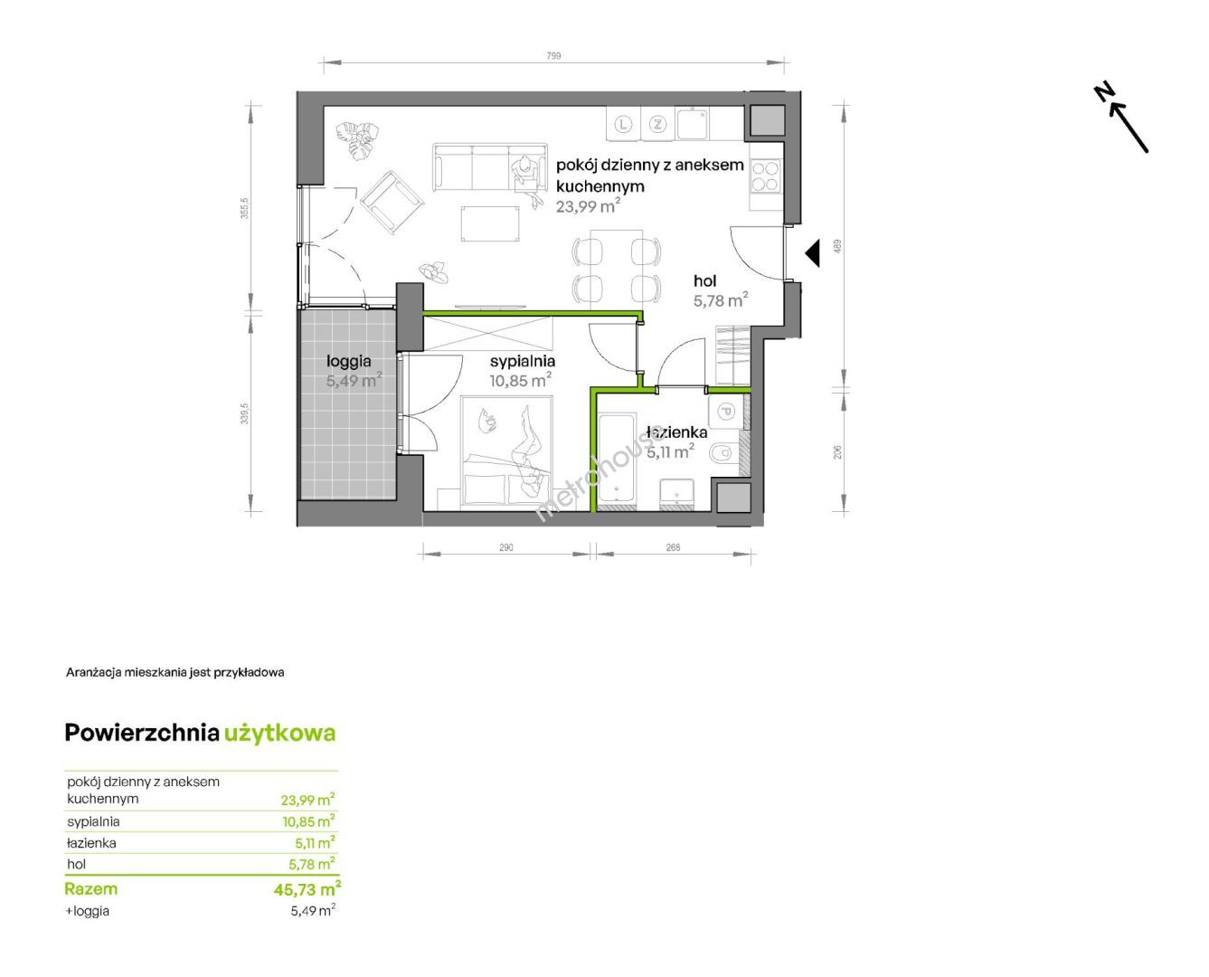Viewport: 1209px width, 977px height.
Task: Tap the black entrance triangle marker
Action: tap(813, 253)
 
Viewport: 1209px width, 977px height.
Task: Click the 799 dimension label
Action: tap(553, 55)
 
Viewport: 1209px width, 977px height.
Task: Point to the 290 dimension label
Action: tap(505, 547)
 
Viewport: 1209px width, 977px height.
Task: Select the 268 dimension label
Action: tap(673, 547)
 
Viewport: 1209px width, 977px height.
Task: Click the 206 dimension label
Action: tap(837, 452)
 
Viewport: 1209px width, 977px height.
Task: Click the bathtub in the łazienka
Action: tap(616, 460)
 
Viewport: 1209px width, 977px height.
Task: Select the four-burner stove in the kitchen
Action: tap(766, 176)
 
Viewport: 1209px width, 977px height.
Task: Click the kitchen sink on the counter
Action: tap(692, 124)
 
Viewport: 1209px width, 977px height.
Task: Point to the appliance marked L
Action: tap(624, 124)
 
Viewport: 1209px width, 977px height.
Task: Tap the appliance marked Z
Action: tap(658, 124)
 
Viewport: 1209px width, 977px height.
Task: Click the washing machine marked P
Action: tap(724, 411)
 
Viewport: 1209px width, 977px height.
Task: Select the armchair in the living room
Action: tap(392, 202)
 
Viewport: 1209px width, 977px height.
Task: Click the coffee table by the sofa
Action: tap(490, 223)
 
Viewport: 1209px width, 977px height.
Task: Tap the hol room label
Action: tap(705, 280)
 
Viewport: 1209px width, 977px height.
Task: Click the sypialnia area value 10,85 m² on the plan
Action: tap(521, 380)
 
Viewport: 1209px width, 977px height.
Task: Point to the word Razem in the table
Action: tap(90, 888)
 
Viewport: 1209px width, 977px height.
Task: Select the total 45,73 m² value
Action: tap(307, 888)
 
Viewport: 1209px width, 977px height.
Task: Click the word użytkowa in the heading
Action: tap(280, 734)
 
